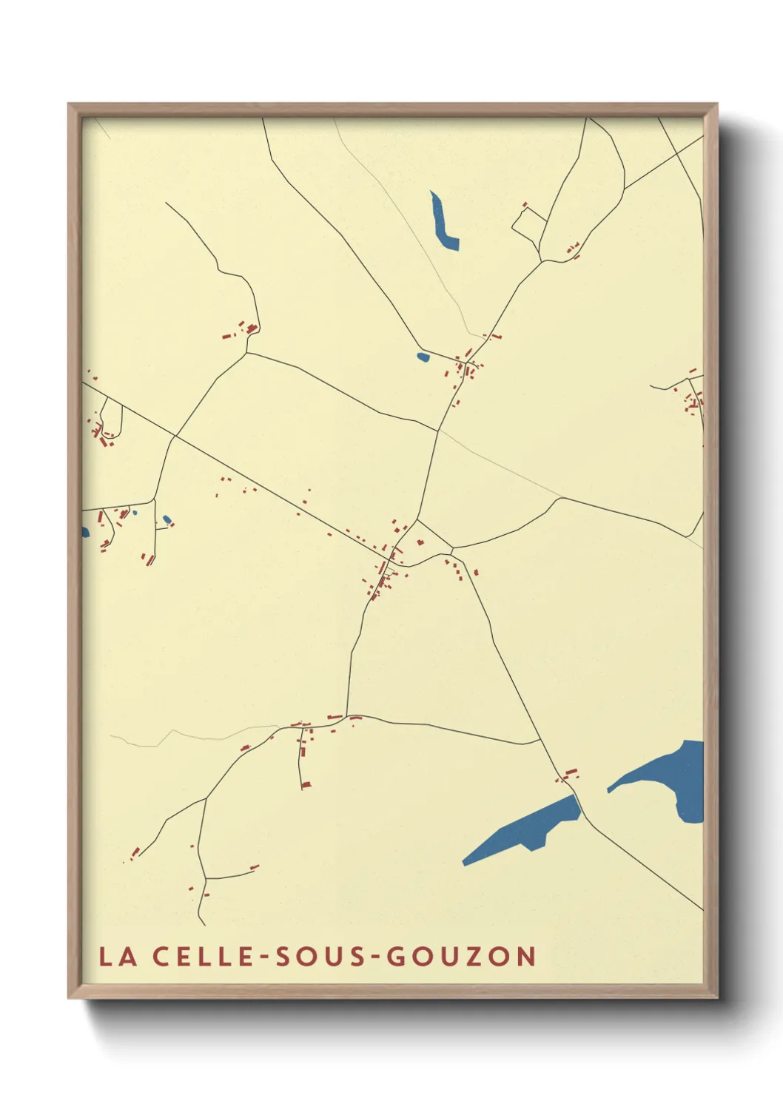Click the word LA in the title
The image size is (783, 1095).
(x=118, y=956)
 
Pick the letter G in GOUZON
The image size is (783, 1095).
(x=397, y=956)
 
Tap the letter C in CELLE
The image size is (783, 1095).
(x=162, y=956)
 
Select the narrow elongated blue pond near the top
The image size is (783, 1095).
(x=444, y=222)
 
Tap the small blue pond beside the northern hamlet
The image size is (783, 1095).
(x=423, y=357)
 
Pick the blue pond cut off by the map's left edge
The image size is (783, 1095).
(x=85, y=532)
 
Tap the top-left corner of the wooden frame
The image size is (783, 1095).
(x=69, y=104)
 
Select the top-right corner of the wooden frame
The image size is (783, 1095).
(x=716, y=104)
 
